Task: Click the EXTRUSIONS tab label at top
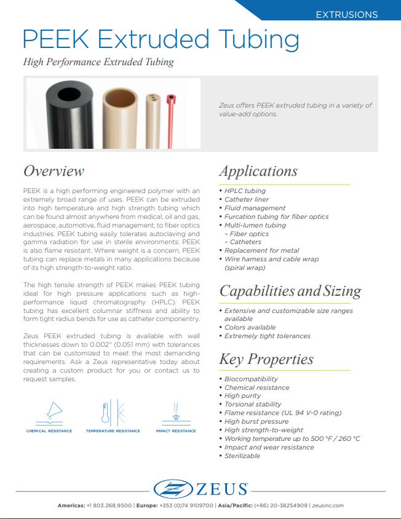click(x=346, y=14)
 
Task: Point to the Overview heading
click(x=54, y=171)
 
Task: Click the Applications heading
click(x=258, y=171)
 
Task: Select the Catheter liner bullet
click(x=247, y=199)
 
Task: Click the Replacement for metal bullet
click(x=261, y=250)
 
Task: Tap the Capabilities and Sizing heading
click(x=290, y=291)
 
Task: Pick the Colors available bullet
click(x=250, y=327)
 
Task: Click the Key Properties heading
click(x=266, y=359)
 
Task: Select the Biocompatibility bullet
click(x=251, y=379)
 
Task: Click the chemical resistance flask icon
click(x=49, y=413)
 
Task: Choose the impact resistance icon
click(x=176, y=413)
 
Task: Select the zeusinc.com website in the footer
click(x=327, y=505)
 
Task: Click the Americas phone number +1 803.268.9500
click(x=109, y=505)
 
